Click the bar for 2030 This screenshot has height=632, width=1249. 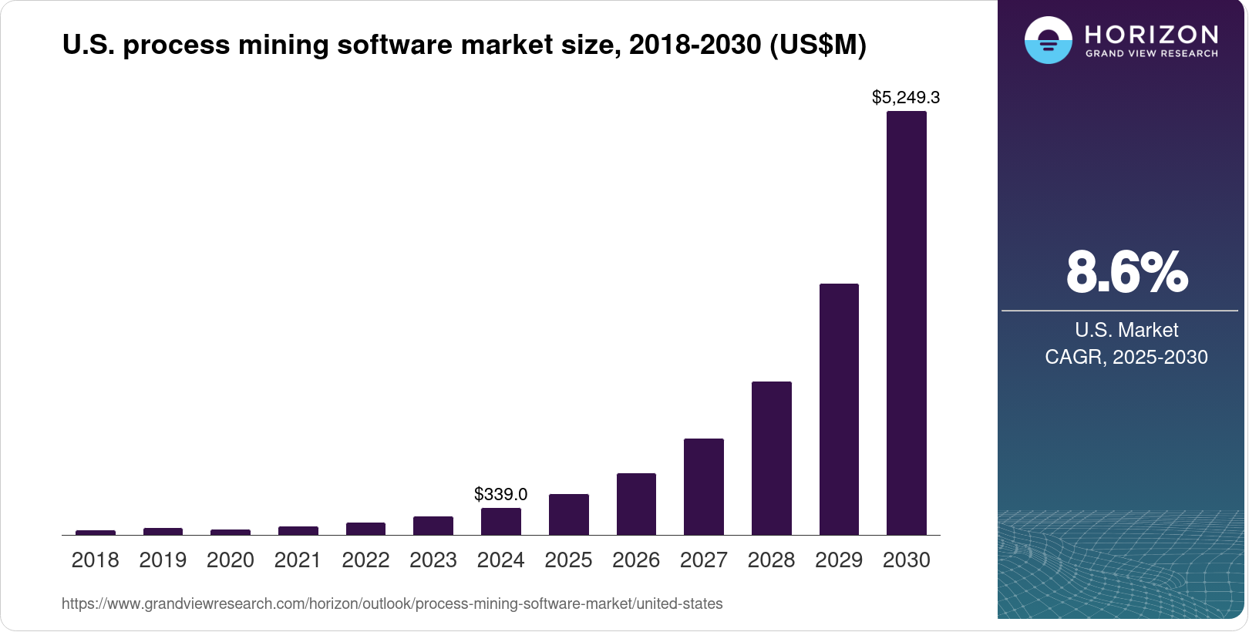[x=906, y=324]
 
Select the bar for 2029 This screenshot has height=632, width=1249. [x=839, y=409]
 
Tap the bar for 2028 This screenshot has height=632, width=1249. [x=771, y=458]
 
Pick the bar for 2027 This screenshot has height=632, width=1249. [x=703, y=486]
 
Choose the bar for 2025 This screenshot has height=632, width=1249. [x=568, y=514]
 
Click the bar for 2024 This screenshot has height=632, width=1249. [x=500, y=521]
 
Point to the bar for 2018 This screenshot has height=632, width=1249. [x=96, y=532]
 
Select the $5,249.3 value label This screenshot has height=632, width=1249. [x=905, y=98]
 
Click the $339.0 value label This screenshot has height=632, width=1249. [x=500, y=494]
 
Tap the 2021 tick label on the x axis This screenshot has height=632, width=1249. [x=298, y=560]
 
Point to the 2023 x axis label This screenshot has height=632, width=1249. [x=433, y=560]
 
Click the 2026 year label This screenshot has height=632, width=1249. [x=635, y=560]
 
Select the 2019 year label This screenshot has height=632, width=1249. [x=163, y=560]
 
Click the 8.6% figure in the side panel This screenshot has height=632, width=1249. [x=1126, y=272]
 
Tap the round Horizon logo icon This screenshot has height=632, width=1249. [x=1048, y=40]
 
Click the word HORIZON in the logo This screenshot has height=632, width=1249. [x=1151, y=34]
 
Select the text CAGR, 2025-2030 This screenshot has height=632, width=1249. [x=1126, y=357]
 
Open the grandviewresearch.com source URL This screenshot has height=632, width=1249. [x=392, y=604]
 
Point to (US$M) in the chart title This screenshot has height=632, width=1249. [x=818, y=45]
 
